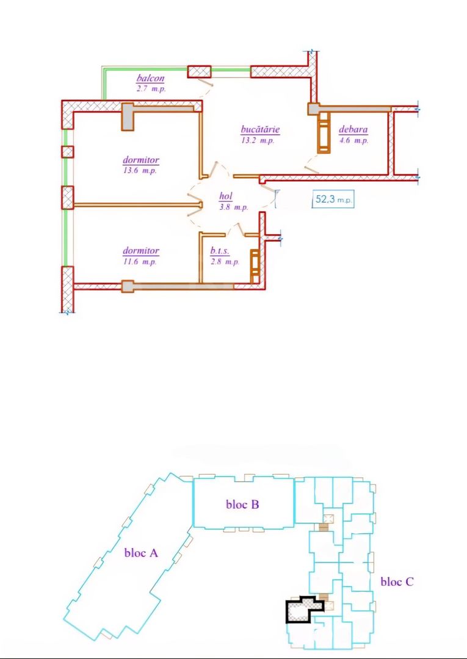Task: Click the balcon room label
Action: (x=151, y=79)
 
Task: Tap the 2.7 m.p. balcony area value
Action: (x=151, y=88)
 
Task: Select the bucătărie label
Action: (x=260, y=130)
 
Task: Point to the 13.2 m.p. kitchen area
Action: (x=258, y=140)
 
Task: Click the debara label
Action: (x=353, y=130)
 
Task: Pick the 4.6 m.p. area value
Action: (x=353, y=140)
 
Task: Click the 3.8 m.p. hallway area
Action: (x=233, y=207)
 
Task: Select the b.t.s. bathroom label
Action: (x=219, y=251)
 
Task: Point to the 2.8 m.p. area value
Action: (x=223, y=262)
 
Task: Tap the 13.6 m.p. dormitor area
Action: (x=141, y=171)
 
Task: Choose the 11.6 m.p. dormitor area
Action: (x=141, y=262)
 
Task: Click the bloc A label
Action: (x=141, y=553)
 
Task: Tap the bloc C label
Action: (x=397, y=582)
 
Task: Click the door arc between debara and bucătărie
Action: (x=312, y=163)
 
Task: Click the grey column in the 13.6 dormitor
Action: (x=128, y=116)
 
